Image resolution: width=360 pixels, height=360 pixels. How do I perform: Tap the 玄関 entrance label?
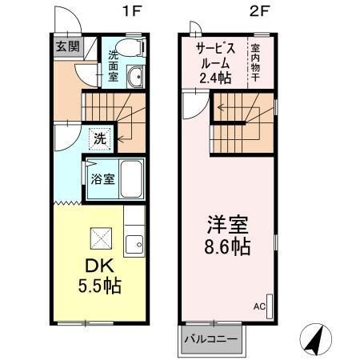pyautogui.click(x=67, y=46)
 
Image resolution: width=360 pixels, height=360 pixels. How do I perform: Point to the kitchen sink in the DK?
pyautogui.click(x=135, y=242)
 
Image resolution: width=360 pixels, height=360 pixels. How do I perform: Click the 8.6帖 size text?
pyautogui.click(x=225, y=246)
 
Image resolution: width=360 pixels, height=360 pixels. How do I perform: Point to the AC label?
pyautogui.click(x=258, y=306)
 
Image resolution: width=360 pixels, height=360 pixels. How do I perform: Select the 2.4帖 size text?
pyautogui.click(x=215, y=78)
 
